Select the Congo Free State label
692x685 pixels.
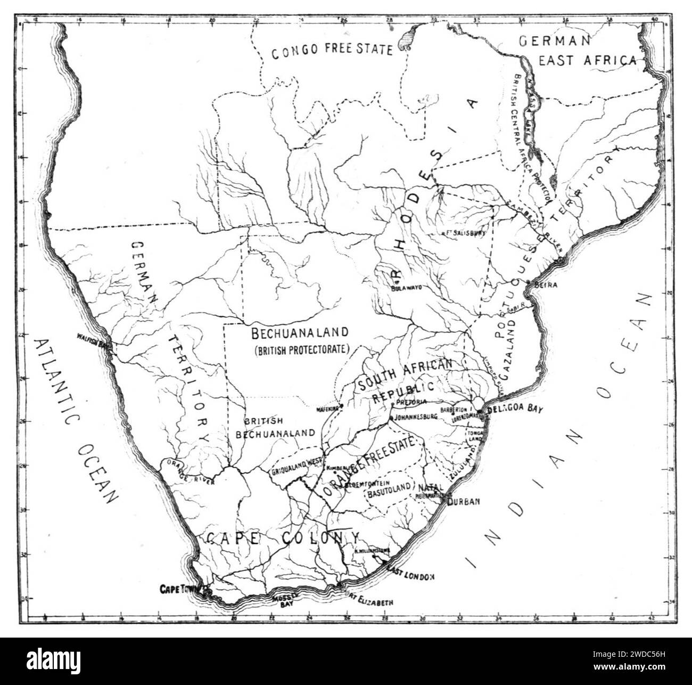pyautogui.click(x=332, y=51)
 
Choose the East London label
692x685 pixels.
pyautogui.click(x=412, y=576)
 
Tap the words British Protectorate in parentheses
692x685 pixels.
pyautogui.click(x=301, y=350)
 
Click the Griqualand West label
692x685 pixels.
pyautogui.click(x=295, y=464)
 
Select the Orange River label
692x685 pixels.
pyautogui.click(x=190, y=472)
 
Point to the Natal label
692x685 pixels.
pyautogui.click(x=431, y=487)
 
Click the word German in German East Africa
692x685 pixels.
pyautogui.click(x=555, y=41)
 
